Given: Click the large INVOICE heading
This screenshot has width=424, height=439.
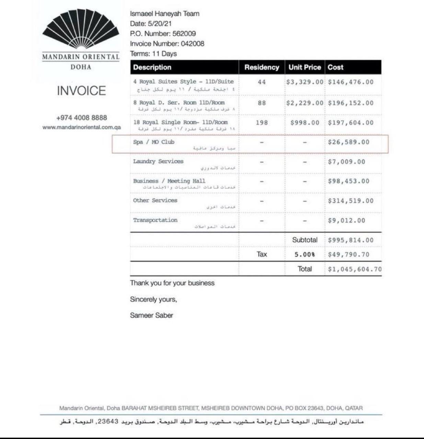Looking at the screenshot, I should tap(81, 91).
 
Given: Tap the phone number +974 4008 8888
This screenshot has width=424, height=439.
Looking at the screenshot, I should tap(82, 118).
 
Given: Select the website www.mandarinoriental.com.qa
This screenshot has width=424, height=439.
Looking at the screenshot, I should tap(82, 127).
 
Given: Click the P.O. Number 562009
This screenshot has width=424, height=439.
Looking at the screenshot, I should tap(182, 34).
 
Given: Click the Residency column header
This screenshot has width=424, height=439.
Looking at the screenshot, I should tap(262, 67).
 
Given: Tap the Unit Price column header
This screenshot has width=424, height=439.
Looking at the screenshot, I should tap(305, 67).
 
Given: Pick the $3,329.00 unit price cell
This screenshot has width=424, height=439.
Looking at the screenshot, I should tap(305, 82).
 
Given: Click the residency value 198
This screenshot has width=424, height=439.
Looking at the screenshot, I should tap(262, 123).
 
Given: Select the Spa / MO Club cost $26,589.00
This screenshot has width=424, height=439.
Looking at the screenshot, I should tap(348, 142).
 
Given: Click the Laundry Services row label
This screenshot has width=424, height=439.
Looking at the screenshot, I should tap(158, 162).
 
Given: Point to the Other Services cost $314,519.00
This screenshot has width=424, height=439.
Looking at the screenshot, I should tap(351, 201).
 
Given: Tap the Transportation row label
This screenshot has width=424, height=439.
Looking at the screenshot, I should tap(155, 220).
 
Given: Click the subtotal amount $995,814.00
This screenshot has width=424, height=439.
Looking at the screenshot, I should tap(351, 240).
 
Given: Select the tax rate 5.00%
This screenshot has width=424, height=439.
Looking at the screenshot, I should tap(305, 255).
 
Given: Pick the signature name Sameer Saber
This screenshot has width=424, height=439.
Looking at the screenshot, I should tap(151, 315).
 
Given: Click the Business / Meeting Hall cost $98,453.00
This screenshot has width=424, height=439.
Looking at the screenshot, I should tap(348, 181).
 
